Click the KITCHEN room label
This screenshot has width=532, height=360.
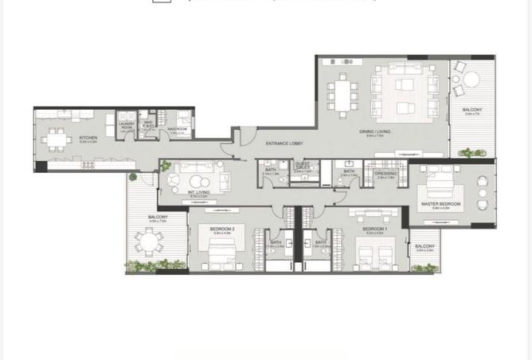(x=88, y=138)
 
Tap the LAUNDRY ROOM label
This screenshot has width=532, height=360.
(x=126, y=124)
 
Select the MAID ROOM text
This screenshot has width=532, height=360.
(x=177, y=129)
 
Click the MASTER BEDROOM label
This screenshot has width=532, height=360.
(x=440, y=205)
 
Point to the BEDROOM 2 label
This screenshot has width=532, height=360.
(x=221, y=229)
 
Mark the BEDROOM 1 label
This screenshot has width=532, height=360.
(x=374, y=229)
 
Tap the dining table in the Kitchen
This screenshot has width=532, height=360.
(x=56, y=140)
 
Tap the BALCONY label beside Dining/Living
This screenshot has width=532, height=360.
(x=473, y=109)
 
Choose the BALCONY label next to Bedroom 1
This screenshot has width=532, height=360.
(x=424, y=246)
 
